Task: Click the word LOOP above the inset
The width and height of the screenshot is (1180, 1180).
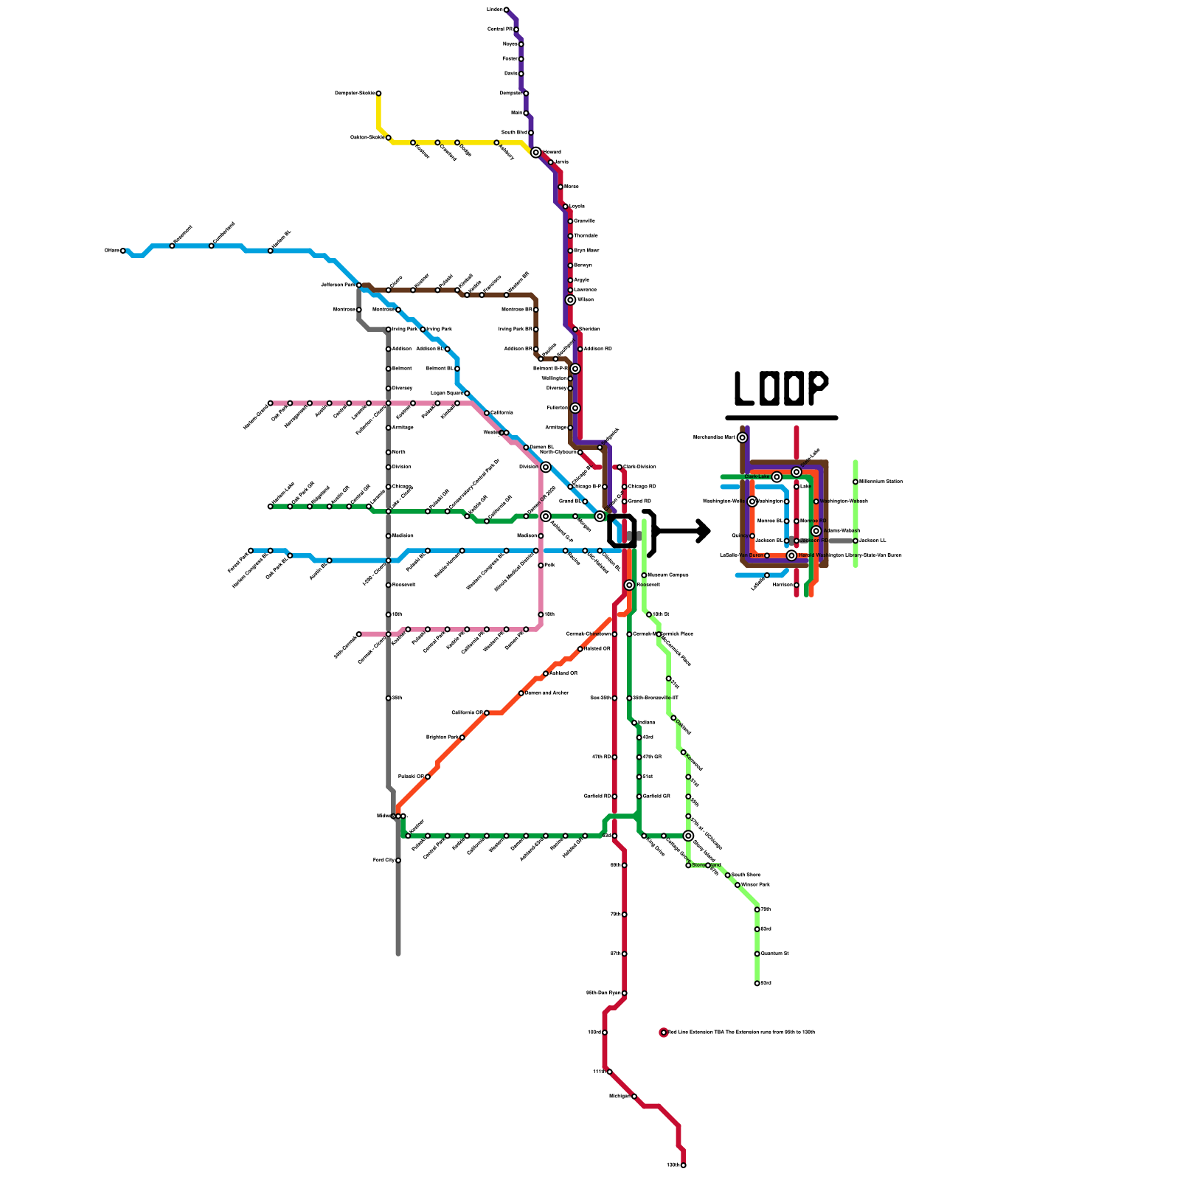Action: pos(781,388)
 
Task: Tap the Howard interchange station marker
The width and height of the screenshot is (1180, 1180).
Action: pos(535,153)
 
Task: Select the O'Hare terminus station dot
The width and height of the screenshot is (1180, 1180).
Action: pos(123,251)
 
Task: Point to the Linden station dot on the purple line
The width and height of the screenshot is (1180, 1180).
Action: pos(506,10)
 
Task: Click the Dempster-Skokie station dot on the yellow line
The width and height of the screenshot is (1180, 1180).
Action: pos(378,94)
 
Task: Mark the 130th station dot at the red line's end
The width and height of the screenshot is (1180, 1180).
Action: pos(683,1165)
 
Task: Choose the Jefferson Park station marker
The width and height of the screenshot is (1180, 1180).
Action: pos(359,285)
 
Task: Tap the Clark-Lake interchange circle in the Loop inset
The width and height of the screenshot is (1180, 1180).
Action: pos(777,477)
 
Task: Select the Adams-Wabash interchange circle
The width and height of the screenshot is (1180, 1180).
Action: pos(816,531)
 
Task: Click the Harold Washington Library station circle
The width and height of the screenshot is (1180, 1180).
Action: pos(791,555)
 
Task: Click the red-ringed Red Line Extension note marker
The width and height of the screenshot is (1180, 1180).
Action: pos(663,1032)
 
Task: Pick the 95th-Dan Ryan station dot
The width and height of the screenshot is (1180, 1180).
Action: pos(624,993)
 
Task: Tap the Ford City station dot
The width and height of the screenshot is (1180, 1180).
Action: pos(398,861)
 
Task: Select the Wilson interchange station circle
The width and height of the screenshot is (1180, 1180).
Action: pos(570,300)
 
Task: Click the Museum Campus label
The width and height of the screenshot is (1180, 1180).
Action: pos(668,575)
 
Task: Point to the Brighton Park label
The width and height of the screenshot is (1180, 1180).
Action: pos(442,737)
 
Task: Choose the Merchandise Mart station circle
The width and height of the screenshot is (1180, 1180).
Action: pos(742,437)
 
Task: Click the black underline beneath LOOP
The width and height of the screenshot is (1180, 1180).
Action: pos(782,418)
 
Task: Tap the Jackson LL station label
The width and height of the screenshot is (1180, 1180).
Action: pos(873,541)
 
